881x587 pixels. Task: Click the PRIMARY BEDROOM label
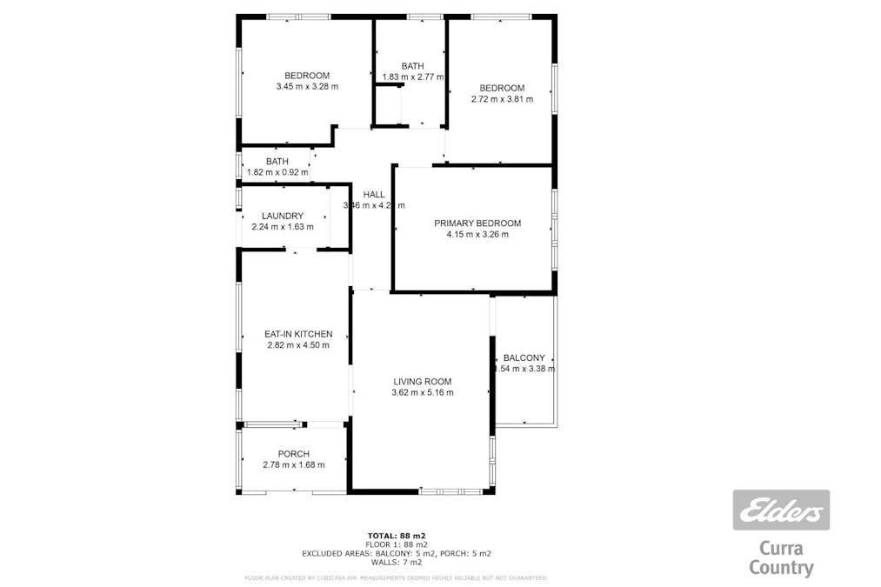pos(477,223)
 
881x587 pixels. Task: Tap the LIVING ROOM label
pos(422,381)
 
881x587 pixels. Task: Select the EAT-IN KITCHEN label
pos(298,334)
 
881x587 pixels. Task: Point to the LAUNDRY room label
pos(283,216)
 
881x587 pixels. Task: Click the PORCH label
pos(293,454)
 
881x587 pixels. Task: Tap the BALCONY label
pos(524,357)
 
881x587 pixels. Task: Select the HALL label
pos(374,195)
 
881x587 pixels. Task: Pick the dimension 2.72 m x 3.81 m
pos(502,99)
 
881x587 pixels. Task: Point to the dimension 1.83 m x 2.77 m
pos(413,77)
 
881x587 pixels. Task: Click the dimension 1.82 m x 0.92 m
pos(277,172)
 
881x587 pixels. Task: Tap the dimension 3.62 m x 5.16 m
pos(422,392)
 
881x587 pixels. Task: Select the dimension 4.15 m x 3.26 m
pos(477,235)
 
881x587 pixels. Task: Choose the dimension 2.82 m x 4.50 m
pos(298,345)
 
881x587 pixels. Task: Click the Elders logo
pos(781,510)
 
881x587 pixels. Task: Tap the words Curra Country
pos(782,558)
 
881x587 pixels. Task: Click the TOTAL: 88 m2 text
pos(396,535)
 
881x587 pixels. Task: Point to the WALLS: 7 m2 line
pos(396,561)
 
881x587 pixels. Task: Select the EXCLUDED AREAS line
pos(396,552)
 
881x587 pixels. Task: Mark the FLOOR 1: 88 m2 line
pos(396,544)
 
